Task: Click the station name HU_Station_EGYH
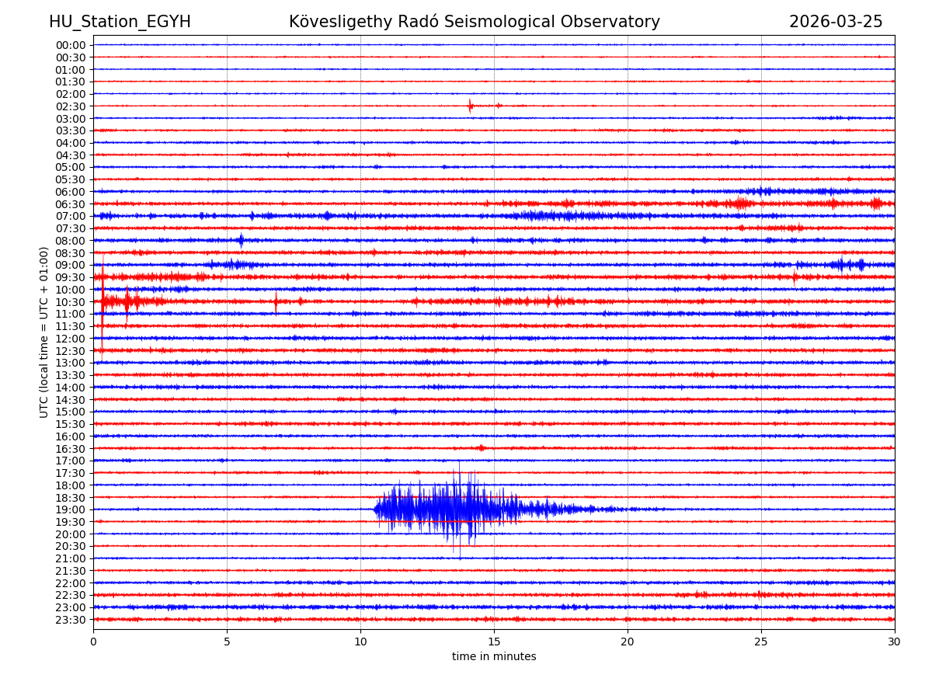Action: pyautogui.click(x=120, y=22)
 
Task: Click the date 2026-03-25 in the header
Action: pyautogui.click(x=836, y=22)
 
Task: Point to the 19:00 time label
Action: pyautogui.click(x=71, y=509)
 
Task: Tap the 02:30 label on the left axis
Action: pyautogui.click(x=71, y=106)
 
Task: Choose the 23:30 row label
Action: pyautogui.click(x=71, y=620)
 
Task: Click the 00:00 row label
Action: pyautogui.click(x=71, y=45)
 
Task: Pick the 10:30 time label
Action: pyautogui.click(x=71, y=302)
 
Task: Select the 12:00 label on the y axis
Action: pyautogui.click(x=71, y=339)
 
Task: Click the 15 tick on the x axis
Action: pyautogui.click(x=494, y=642)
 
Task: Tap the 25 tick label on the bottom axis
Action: pyautogui.click(x=761, y=642)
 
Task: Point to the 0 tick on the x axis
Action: pyautogui.click(x=93, y=642)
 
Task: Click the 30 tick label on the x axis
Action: pyautogui.click(x=895, y=642)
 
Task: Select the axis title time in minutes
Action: pyautogui.click(x=494, y=657)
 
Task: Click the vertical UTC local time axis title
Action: pyautogui.click(x=44, y=332)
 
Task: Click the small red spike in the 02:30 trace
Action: pyautogui.click(x=470, y=106)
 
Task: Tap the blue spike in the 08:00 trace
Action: pyautogui.click(x=241, y=240)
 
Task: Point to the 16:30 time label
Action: pyautogui.click(x=71, y=449)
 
